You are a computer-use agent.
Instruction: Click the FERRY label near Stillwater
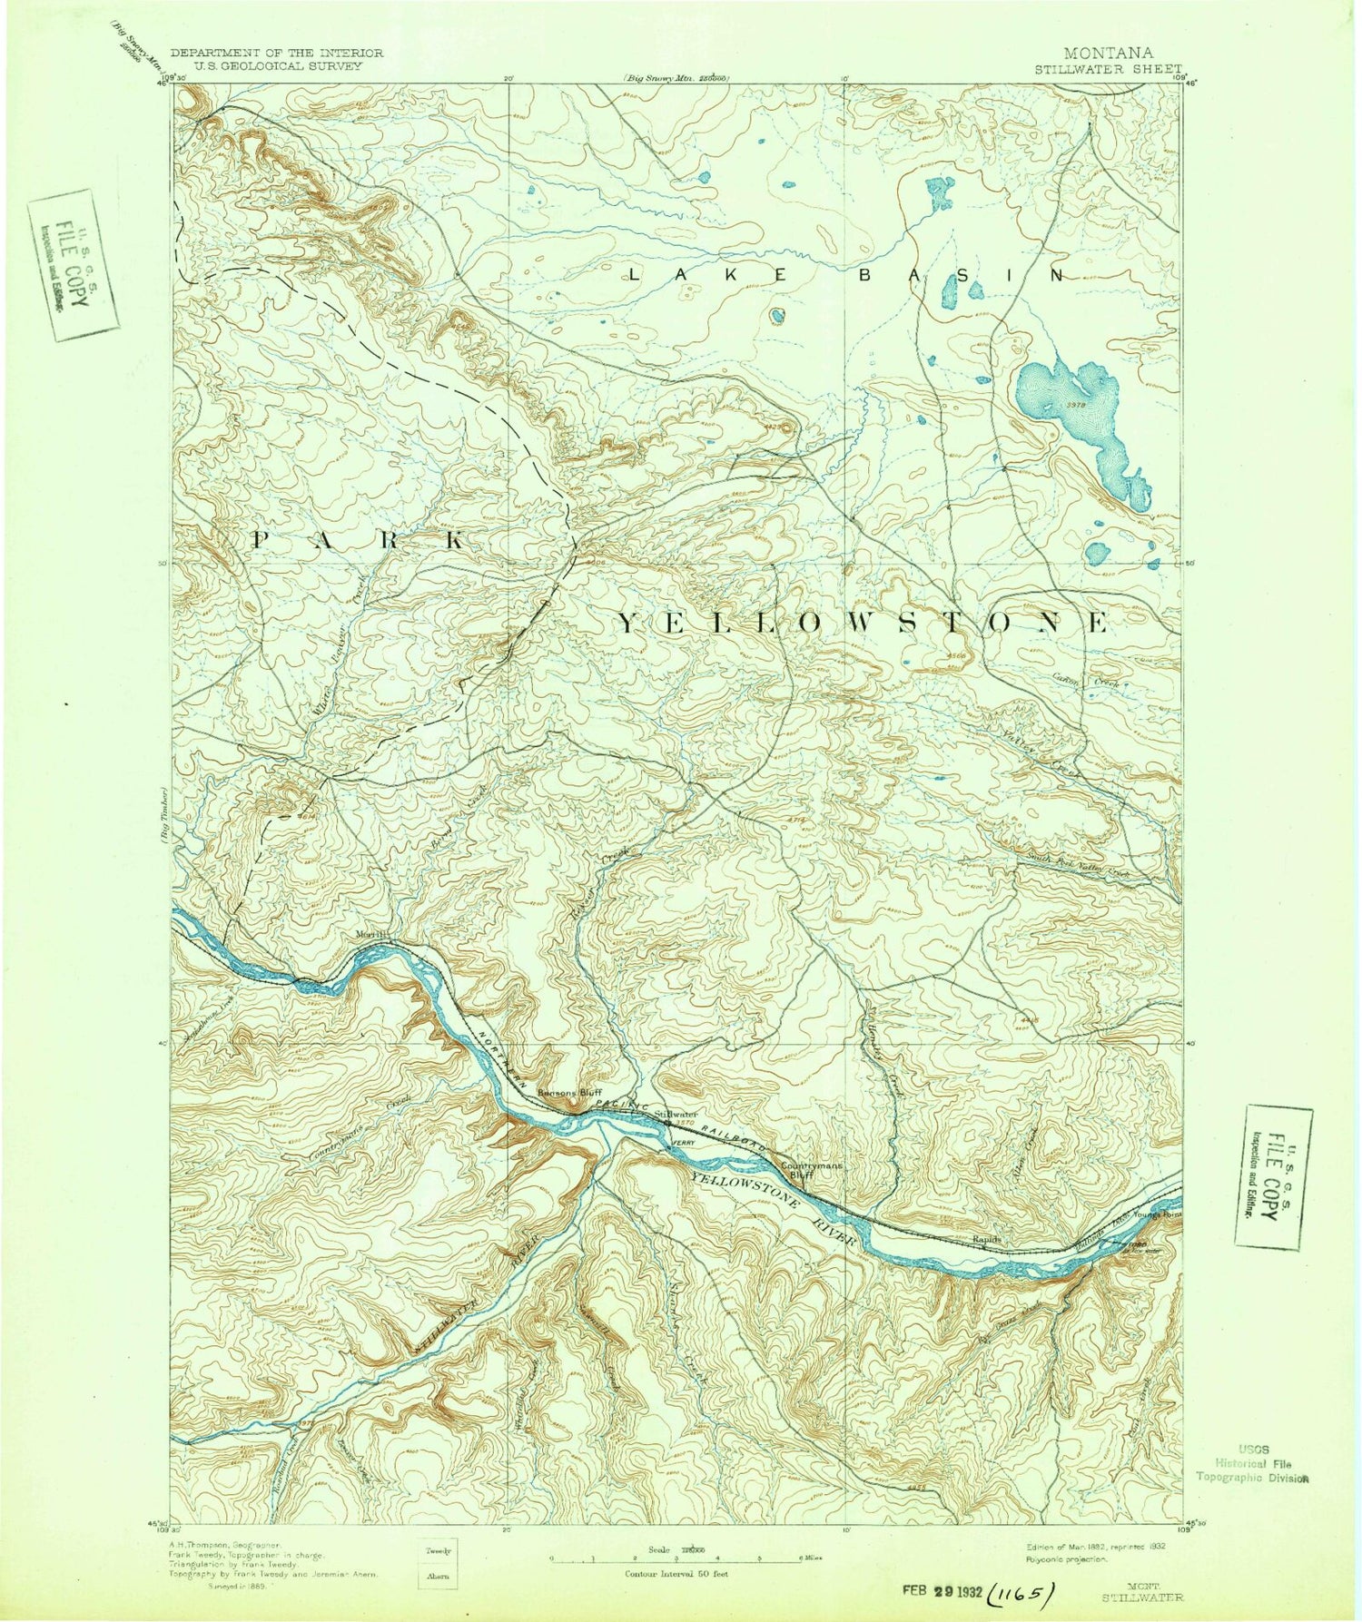pos(683,1143)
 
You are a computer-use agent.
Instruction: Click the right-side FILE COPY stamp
pos(1278,1175)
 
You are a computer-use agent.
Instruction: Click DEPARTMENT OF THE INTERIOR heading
pos(277,54)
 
